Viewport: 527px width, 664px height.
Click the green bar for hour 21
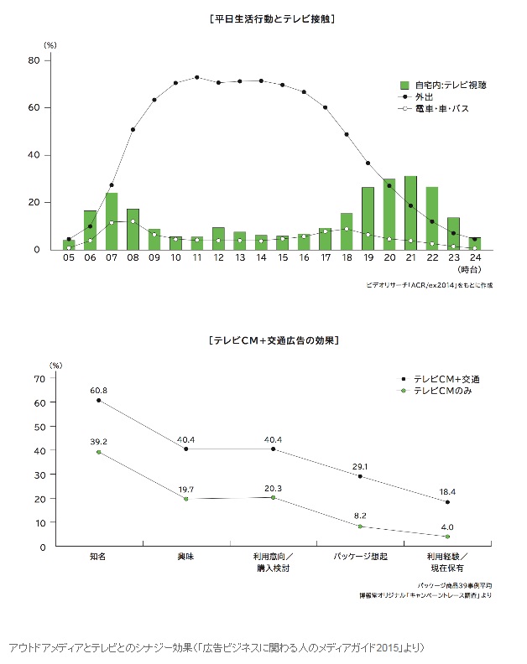point(410,213)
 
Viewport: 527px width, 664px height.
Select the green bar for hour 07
point(112,221)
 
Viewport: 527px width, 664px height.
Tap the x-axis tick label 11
point(197,260)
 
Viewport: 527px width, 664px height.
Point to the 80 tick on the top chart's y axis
point(34,60)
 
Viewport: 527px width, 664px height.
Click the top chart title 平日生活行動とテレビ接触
point(262,17)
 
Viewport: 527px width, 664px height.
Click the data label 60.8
point(98,390)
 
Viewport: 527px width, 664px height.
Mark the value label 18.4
point(446,490)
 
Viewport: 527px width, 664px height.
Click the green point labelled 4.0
point(447,537)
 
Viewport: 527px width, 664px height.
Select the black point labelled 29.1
point(360,476)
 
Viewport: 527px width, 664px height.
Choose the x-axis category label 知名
point(97,557)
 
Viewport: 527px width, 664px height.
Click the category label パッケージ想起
point(359,557)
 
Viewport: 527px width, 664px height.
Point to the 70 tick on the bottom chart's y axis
point(36,378)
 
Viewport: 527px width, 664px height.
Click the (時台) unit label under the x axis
point(470,270)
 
